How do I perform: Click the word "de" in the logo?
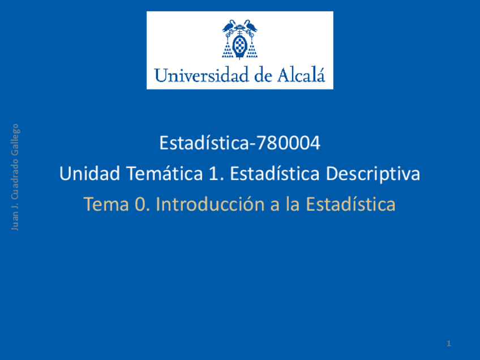pos(263,75)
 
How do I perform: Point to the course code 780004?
pos(288,143)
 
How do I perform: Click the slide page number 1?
pos(448,344)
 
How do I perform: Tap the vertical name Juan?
pos(16,221)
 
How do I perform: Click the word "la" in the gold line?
pos(293,204)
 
